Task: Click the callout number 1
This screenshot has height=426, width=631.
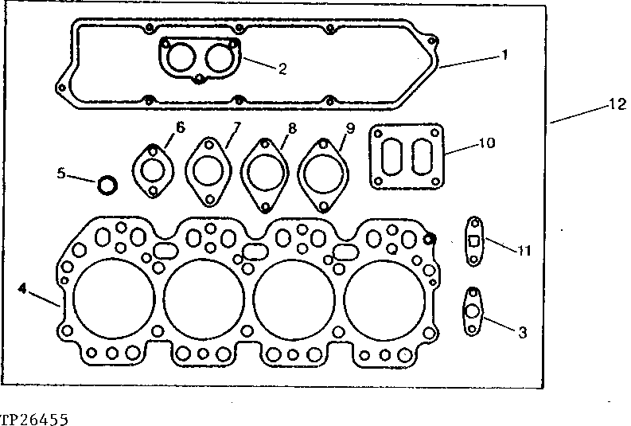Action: (x=504, y=55)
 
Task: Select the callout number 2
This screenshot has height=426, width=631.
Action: (x=282, y=68)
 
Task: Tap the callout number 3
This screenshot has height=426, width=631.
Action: (x=522, y=333)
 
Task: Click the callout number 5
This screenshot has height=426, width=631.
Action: (x=62, y=172)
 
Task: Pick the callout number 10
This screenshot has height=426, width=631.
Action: (x=487, y=143)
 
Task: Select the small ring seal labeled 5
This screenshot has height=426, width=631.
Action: (x=107, y=186)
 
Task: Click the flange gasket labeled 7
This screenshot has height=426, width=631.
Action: (x=208, y=170)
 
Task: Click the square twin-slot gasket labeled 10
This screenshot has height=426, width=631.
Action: (x=406, y=157)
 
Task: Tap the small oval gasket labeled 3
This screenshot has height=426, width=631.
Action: (x=472, y=312)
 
